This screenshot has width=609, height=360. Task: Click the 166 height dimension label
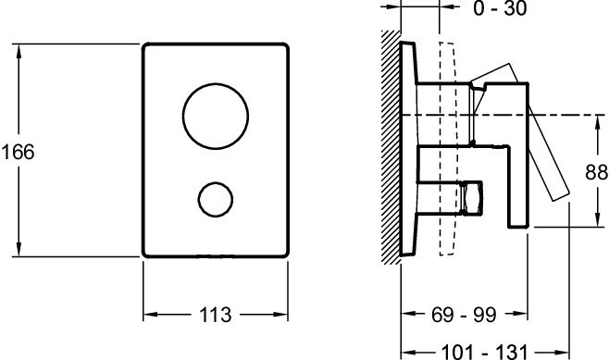18,152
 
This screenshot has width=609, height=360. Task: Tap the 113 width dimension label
215,315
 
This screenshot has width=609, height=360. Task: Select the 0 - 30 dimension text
500,8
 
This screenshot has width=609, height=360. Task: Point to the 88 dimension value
596,172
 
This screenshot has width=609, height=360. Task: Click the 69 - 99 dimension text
464,315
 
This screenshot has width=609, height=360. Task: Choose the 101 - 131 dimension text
485,353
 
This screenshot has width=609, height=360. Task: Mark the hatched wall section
391,147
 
